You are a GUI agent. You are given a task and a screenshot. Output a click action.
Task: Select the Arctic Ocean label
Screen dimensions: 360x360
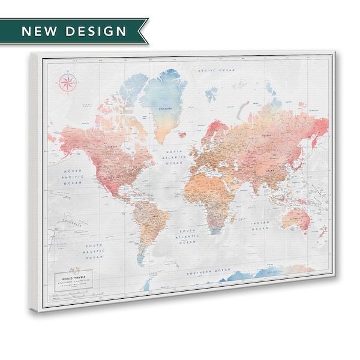[217, 71]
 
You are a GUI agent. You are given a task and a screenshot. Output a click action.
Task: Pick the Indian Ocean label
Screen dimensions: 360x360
[259, 225]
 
